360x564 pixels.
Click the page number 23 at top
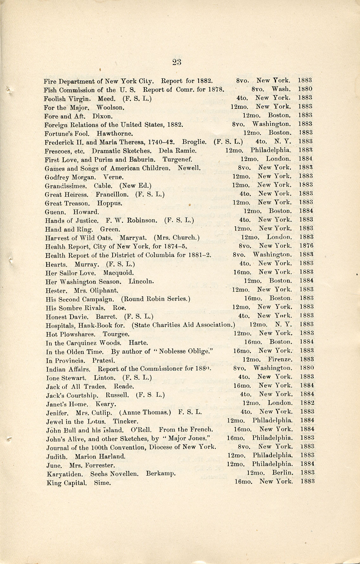click(x=177, y=62)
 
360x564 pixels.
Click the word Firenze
click(x=280, y=359)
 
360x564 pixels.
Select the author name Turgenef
click(x=177, y=159)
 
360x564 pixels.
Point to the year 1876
click(x=306, y=246)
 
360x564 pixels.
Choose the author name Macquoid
click(x=118, y=272)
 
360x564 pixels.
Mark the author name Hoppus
click(x=109, y=203)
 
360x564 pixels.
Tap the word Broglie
click(x=194, y=141)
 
